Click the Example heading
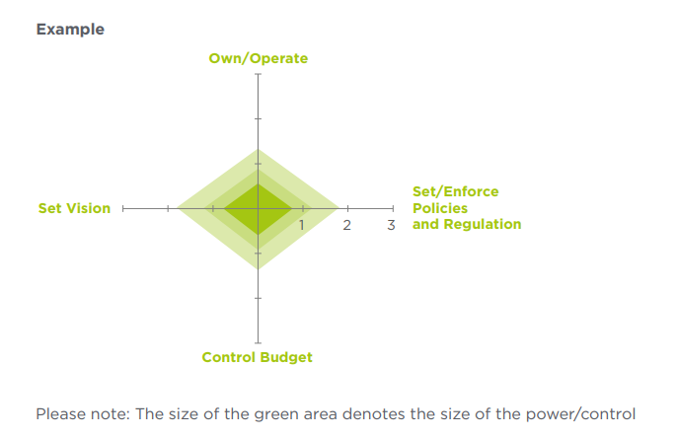point(70,30)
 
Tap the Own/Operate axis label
point(259,58)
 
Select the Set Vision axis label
point(74,208)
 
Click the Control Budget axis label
point(257,357)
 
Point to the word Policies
point(440,208)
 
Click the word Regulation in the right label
point(483,224)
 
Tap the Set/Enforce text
point(456,191)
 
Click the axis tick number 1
point(302,225)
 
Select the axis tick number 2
point(346,225)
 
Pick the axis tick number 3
point(391,225)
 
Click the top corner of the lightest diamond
point(259,149)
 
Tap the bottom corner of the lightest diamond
point(259,269)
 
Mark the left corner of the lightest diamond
point(177,209)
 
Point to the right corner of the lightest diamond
point(339,209)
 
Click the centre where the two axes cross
point(259,209)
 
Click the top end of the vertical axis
point(259,74)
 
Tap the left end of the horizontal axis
point(123,209)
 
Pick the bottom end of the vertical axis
point(259,343)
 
